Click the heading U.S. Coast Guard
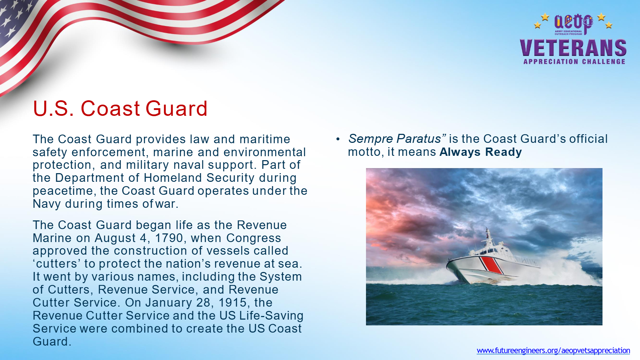coord(120,108)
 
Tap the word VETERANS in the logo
coord(573,48)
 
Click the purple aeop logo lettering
coord(573,22)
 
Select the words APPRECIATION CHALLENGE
coord(574,62)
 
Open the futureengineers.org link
coord(553,350)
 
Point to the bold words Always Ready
coord(481,152)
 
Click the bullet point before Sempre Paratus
coord(338,139)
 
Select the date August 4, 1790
coord(139,238)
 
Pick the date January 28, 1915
coord(192,303)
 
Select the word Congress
coord(253,238)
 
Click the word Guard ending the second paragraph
coord(52,341)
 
